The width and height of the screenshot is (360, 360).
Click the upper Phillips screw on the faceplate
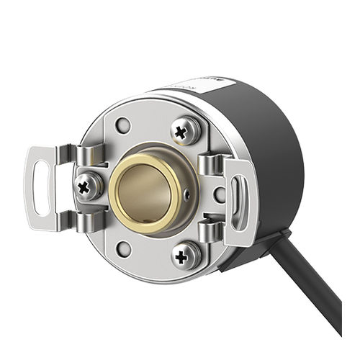click(186, 130)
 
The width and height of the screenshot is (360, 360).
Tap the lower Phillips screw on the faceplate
click(186, 254)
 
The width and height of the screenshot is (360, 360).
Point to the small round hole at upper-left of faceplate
click(124, 125)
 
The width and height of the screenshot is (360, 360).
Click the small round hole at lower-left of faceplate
click(125, 250)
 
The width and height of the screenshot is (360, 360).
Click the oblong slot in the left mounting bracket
click(42, 189)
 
